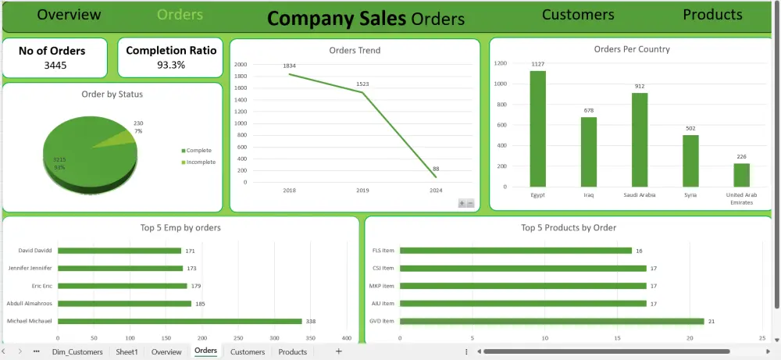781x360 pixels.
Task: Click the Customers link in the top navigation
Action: coord(578,15)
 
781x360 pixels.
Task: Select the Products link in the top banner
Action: coord(712,15)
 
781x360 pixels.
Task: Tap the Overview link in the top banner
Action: coord(69,15)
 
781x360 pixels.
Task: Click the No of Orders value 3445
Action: coord(52,65)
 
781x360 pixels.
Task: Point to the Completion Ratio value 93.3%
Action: coord(171,65)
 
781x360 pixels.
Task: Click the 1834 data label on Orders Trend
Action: coord(290,66)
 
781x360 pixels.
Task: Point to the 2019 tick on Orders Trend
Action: coord(362,190)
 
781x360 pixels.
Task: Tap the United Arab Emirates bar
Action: coord(741,175)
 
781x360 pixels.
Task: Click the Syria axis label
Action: coord(690,194)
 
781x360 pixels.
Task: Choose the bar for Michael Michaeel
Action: coord(180,321)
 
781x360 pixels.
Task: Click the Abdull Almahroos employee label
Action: coord(30,303)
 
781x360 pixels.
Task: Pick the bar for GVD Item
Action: coord(551,321)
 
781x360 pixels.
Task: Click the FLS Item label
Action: coord(383,251)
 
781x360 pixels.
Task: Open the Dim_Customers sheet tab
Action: coord(77,352)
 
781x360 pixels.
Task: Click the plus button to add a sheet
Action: coord(338,351)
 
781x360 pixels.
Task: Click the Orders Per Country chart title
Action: coord(632,49)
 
